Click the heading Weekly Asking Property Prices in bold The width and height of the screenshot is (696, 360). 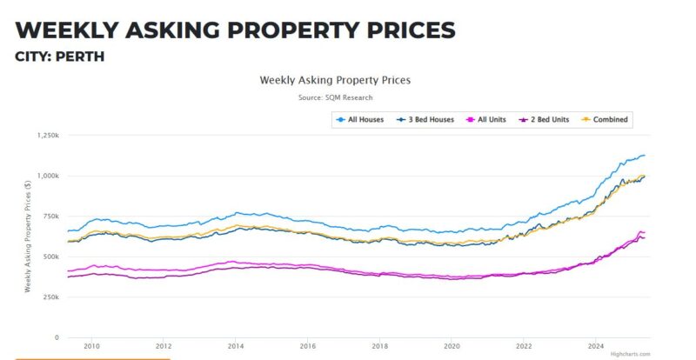pyautogui.click(x=235, y=30)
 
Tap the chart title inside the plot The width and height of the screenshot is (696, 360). pyautogui.click(x=335, y=80)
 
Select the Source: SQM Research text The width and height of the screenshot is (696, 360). pyautogui.click(x=335, y=97)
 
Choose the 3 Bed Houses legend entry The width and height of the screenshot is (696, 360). pyautogui.click(x=425, y=119)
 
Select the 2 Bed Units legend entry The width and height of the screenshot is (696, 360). pyautogui.click(x=544, y=119)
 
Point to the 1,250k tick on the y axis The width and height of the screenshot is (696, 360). pyautogui.click(x=47, y=136)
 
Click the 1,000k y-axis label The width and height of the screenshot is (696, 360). pyautogui.click(x=47, y=176)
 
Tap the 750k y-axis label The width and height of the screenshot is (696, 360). pyautogui.click(x=50, y=217)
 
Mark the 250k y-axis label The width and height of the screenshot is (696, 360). pyautogui.click(x=50, y=297)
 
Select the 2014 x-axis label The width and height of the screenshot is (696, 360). pyautogui.click(x=236, y=345)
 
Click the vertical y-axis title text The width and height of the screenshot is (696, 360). pyautogui.click(x=29, y=236)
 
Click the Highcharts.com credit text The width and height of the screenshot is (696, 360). pyautogui.click(x=630, y=354)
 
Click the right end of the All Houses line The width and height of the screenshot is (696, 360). pyautogui.click(x=644, y=156)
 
